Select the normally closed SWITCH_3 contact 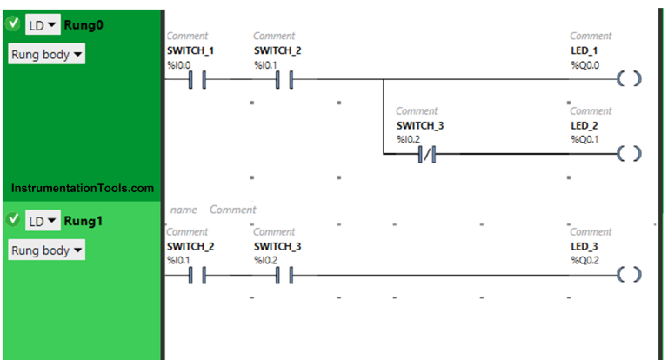pyautogui.click(x=426, y=155)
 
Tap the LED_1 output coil pyautogui.click(x=630, y=80)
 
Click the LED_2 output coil pyautogui.click(x=630, y=155)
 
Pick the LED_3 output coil pyautogui.click(x=630, y=275)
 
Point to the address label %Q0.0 pyautogui.click(x=584, y=65)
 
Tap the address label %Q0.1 pyautogui.click(x=584, y=139)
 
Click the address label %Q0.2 pyautogui.click(x=584, y=260)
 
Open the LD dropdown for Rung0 pyautogui.click(x=42, y=25)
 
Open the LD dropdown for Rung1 pyautogui.click(x=42, y=221)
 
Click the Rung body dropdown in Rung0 pyautogui.click(x=47, y=55)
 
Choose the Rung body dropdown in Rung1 pyautogui.click(x=47, y=250)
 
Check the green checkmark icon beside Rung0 pyautogui.click(x=13, y=24)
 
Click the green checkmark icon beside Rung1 pyautogui.click(x=13, y=220)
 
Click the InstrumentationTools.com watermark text pyautogui.click(x=83, y=188)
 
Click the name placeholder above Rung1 pyautogui.click(x=183, y=210)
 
